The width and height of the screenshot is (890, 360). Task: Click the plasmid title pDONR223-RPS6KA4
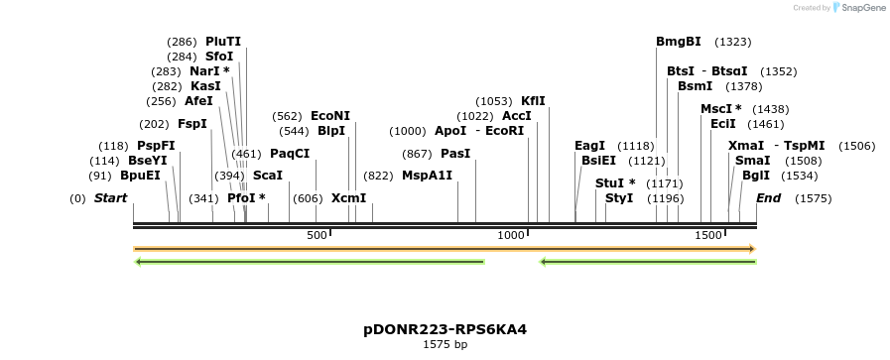point(445,329)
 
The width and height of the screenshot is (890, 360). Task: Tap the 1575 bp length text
point(445,344)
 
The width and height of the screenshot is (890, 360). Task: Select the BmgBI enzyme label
point(679,42)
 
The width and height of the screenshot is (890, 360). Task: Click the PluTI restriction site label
point(223,42)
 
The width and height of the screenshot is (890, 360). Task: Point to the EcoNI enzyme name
point(330,116)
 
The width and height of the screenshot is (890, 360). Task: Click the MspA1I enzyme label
point(427,176)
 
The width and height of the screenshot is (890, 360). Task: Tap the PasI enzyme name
point(455,154)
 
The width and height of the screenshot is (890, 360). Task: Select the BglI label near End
point(756,176)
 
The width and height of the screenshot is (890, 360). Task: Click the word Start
point(110,198)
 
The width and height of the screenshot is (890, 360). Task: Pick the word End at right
point(768,198)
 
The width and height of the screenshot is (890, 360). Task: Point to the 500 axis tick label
point(317,235)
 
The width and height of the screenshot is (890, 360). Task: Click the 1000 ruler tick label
point(511,235)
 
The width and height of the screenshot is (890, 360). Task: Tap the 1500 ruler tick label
point(707,235)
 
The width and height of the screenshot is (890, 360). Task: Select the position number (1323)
point(733,42)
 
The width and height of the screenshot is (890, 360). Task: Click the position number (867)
point(417,154)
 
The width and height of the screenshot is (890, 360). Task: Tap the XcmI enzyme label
point(348,198)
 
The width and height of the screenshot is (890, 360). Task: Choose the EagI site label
point(589,146)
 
